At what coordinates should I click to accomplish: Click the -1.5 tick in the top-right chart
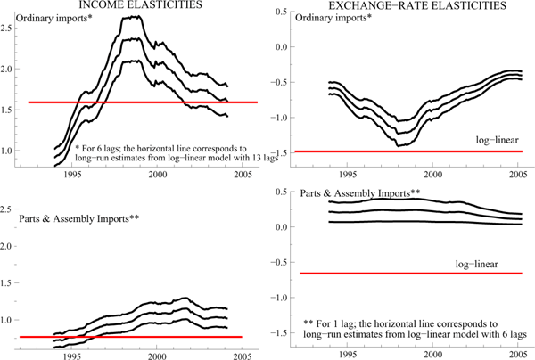pyautogui.click(x=283, y=152)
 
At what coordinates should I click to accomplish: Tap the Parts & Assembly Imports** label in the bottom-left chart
pyautogui.click(x=69, y=217)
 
